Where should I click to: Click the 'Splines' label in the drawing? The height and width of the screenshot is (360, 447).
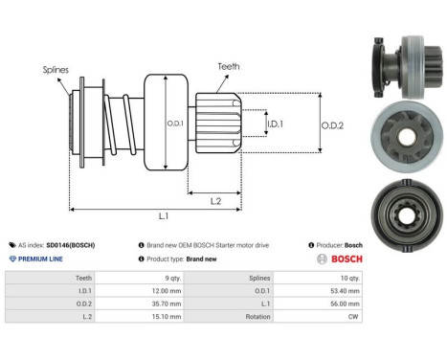(55, 69)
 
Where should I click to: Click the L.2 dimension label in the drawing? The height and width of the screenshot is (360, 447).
(216, 199)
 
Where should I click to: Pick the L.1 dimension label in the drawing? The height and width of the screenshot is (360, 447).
(164, 217)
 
